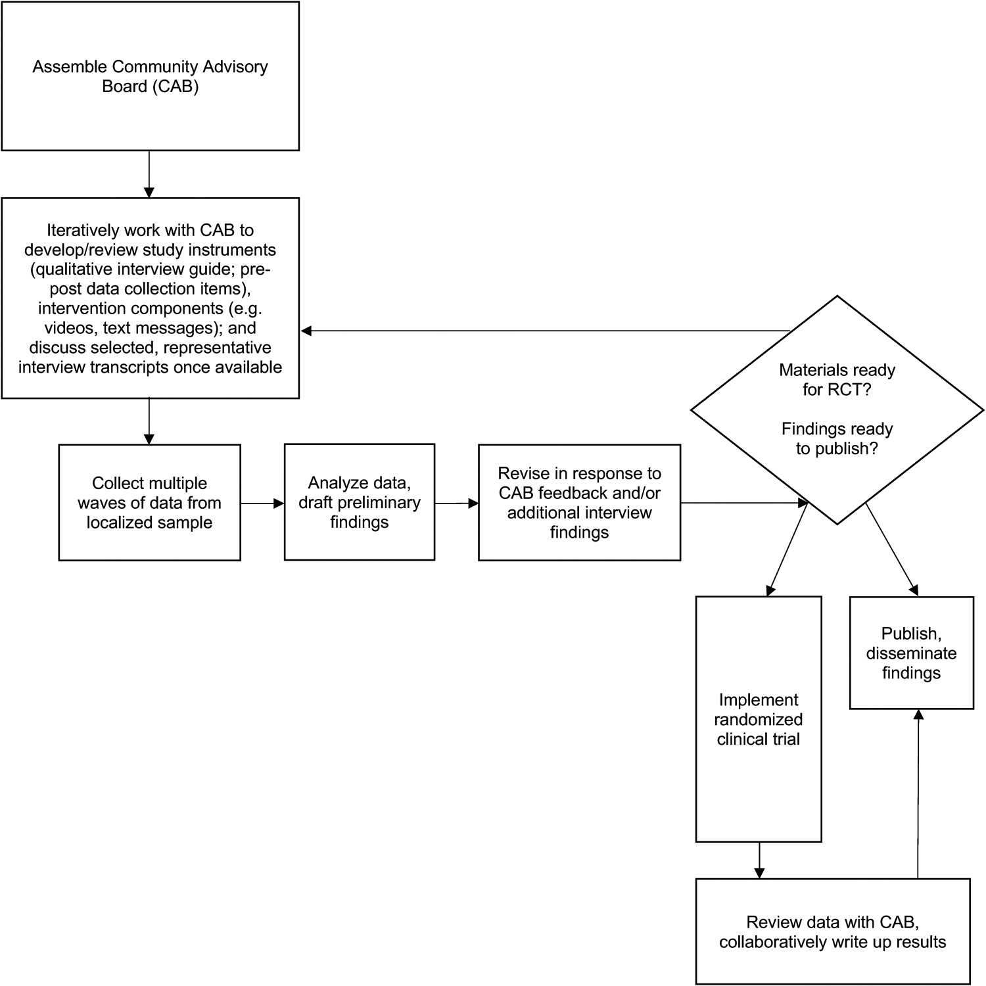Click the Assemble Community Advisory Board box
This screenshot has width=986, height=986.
pyautogui.click(x=150, y=76)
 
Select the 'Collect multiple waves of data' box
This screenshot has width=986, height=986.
pyautogui.click(x=149, y=503)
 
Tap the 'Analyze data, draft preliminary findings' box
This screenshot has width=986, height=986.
pyautogui.click(x=359, y=502)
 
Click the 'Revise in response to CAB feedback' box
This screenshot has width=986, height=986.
pyautogui.click(x=579, y=503)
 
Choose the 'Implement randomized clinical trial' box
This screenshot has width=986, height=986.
pyautogui.click(x=759, y=719)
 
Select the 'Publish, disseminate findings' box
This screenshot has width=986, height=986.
pyautogui.click(x=911, y=653)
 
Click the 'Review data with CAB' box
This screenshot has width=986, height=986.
pyautogui.click(x=832, y=931)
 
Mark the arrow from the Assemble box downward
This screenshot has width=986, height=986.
pyautogui.click(x=149, y=174)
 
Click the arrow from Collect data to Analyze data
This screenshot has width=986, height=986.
pyautogui.click(x=262, y=504)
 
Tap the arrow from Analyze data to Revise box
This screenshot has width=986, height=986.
pyautogui.click(x=456, y=504)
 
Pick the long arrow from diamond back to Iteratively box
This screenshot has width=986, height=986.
pyautogui.click(x=546, y=331)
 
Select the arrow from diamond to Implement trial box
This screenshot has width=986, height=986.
pyautogui.click(x=787, y=550)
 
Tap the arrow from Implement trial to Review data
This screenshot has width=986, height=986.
pyautogui.click(x=759, y=860)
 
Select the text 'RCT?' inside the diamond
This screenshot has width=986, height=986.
pyautogui.click(x=853, y=390)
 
